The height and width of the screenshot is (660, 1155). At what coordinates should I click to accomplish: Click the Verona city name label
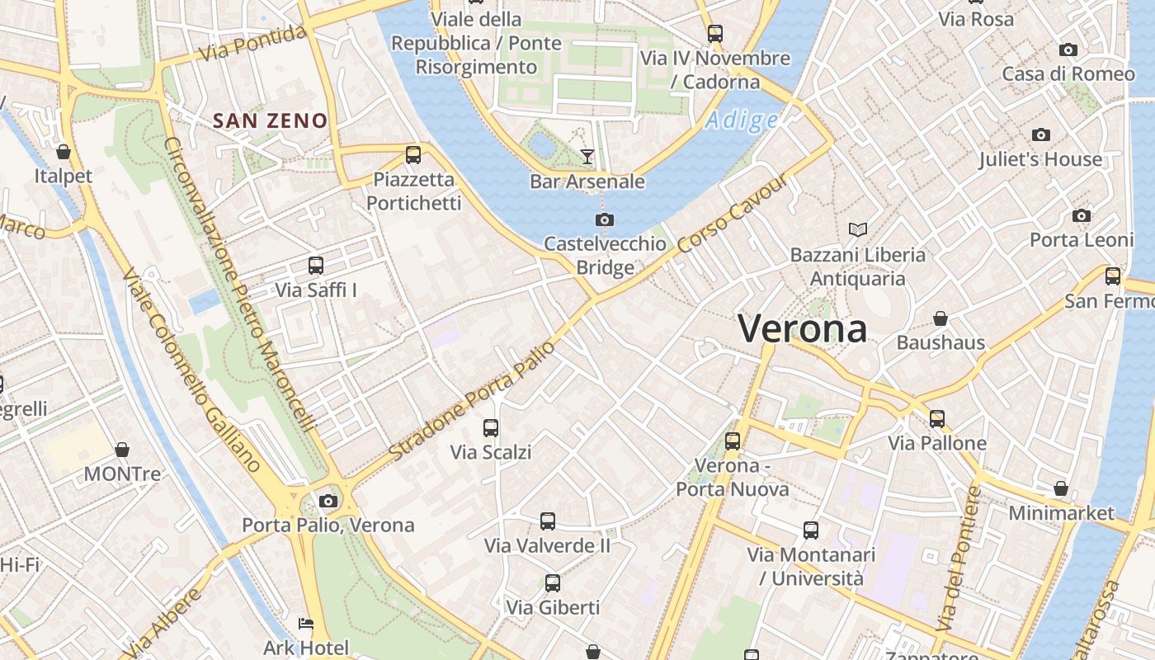click(802, 328)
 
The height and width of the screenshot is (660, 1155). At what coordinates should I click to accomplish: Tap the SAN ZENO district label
click(271, 120)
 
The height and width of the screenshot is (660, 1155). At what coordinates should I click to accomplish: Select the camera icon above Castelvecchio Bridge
click(605, 219)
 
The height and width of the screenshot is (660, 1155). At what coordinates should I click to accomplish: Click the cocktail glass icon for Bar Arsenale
click(587, 156)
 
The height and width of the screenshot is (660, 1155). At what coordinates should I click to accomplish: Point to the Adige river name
click(742, 120)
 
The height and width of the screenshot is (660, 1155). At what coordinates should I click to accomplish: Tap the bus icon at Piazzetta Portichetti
click(413, 154)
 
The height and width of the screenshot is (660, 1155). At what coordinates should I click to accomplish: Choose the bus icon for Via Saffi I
click(316, 266)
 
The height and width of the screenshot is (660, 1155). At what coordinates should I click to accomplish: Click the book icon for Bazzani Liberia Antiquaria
click(858, 229)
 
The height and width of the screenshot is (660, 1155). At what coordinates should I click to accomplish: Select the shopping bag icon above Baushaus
click(940, 318)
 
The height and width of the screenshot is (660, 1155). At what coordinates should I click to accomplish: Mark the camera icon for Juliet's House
click(1041, 134)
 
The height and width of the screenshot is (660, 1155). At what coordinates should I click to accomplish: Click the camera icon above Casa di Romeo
click(1068, 49)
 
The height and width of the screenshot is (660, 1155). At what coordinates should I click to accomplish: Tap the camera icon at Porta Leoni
click(1082, 215)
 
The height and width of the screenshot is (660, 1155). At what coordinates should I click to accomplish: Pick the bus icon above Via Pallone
click(937, 418)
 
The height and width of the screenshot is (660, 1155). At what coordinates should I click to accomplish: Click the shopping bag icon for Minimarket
click(1061, 488)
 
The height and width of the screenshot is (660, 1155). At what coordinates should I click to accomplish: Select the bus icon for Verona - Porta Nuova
click(733, 441)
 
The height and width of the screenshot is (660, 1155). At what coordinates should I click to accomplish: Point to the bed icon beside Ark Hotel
click(306, 624)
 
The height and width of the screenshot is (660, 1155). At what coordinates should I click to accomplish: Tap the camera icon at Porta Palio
click(328, 501)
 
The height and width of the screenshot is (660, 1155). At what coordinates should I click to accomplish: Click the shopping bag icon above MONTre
click(122, 450)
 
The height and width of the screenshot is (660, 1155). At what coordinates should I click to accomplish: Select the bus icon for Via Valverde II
click(548, 521)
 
